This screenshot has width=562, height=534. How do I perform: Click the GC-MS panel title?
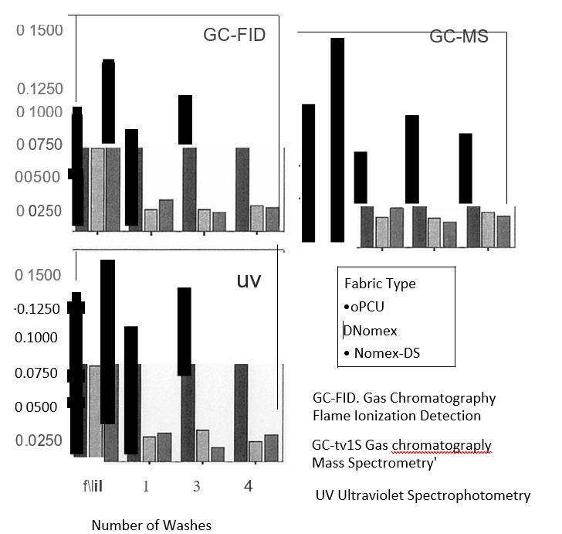459,36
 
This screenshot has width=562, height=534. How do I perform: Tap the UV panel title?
249,281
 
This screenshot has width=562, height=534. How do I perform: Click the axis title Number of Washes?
151,525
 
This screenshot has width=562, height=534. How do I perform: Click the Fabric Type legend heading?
380,284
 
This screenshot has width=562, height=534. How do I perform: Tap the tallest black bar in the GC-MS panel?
337,139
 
